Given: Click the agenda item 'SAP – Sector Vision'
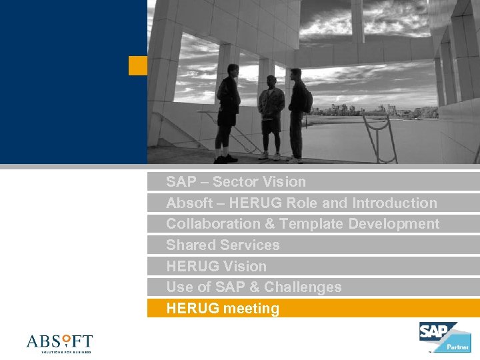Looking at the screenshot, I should (x=236, y=182).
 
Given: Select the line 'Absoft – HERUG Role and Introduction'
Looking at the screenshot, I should (x=301, y=203).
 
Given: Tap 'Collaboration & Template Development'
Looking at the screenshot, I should (x=303, y=224).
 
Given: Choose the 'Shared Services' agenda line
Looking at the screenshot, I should (x=223, y=245).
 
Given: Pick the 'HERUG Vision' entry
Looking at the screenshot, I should (x=216, y=267).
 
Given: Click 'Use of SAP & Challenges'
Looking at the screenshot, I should (x=253, y=287).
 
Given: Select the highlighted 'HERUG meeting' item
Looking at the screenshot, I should (x=223, y=309).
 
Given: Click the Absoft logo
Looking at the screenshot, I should (x=59, y=343).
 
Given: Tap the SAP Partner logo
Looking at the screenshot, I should (x=444, y=337).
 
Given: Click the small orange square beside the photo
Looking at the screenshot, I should (x=137, y=65).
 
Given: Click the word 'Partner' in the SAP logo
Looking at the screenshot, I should (x=457, y=346).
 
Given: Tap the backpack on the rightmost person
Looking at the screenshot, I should (x=307, y=99).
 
